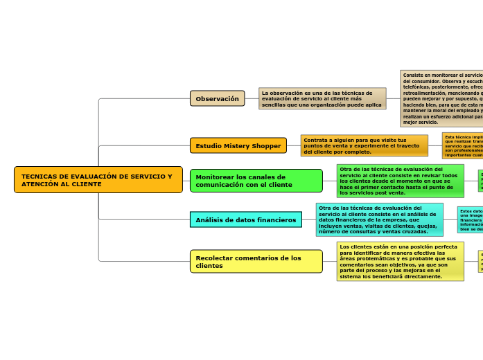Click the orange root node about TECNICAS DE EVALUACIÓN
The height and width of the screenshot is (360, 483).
coord(98,180)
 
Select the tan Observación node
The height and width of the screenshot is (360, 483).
coord(217,99)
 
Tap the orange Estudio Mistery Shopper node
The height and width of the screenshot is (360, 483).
coord(238,146)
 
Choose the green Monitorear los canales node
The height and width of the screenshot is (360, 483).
coord(256,181)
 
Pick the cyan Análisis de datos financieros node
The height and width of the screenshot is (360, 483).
coord(245,220)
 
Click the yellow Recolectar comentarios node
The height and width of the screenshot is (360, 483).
coord(256,262)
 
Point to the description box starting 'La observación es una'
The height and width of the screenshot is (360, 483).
coord(322,99)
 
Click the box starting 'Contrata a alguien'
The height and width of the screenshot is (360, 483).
coord(364,145)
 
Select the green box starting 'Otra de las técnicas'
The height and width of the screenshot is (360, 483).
coord(400,181)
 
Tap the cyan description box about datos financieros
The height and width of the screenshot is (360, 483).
coord(379,219)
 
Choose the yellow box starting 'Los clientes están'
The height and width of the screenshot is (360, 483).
coord(400,261)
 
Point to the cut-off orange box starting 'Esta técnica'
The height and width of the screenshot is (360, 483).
coord(462,145)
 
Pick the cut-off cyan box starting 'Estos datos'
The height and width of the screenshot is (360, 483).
coord(470,219)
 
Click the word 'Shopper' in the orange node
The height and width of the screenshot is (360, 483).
coord(266,146)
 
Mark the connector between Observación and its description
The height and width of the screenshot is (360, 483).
coord(252,98)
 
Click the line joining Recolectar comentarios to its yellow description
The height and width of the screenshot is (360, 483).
coord(330,262)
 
